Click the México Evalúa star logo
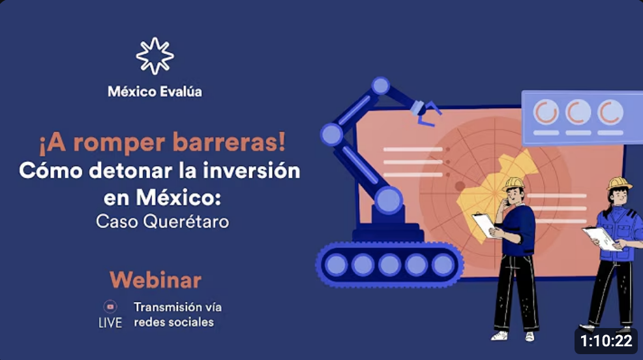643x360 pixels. pos(155,56)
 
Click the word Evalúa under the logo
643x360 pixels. pos(181,91)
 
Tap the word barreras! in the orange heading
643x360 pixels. pos(229,142)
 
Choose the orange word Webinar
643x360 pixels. pos(155,280)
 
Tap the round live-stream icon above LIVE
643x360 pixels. pos(110,307)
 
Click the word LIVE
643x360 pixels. pos(110,323)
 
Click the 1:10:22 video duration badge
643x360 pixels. pos(606,340)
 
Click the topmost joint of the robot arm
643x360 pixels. pos(381,85)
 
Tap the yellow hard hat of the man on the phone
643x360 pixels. pos(514,184)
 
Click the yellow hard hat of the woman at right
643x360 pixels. pos(619,183)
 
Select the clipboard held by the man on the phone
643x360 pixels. pos(485,225)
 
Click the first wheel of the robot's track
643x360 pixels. pos(336,265)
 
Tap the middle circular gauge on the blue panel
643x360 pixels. pos(578,112)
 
